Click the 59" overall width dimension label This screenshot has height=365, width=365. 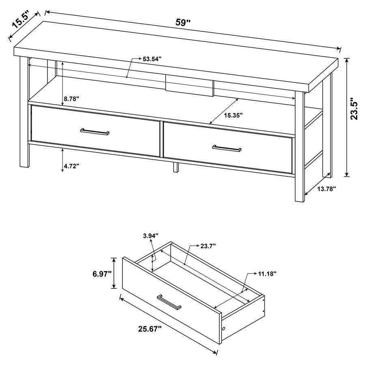(x=183, y=22)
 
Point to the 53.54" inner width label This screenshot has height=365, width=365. (x=152, y=59)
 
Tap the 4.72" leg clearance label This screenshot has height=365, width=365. (x=71, y=165)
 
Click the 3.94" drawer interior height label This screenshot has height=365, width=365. (x=150, y=235)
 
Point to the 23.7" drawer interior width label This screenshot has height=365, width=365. (x=208, y=246)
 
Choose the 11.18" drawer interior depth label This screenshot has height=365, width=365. (x=267, y=274)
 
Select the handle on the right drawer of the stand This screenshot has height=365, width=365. (x=227, y=148)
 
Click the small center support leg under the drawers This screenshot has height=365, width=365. (x=176, y=167)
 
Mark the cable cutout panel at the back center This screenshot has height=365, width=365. (x=190, y=85)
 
